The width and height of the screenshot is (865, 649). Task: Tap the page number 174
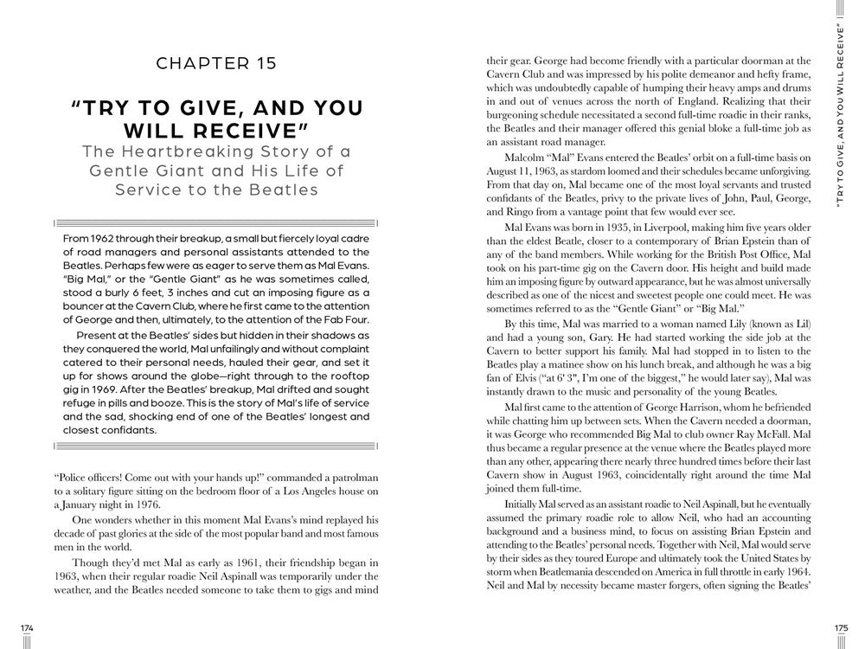coord(27,627)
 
